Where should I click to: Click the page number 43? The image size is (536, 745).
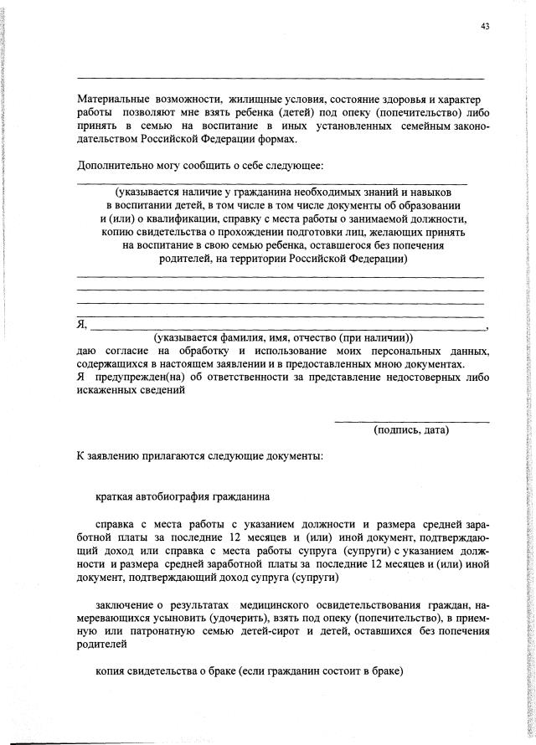coord(485,26)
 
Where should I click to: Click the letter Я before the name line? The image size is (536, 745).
coord(81,325)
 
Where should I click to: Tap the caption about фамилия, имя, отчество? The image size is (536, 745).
coord(283,337)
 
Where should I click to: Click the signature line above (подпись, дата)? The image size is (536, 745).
coord(411,420)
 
